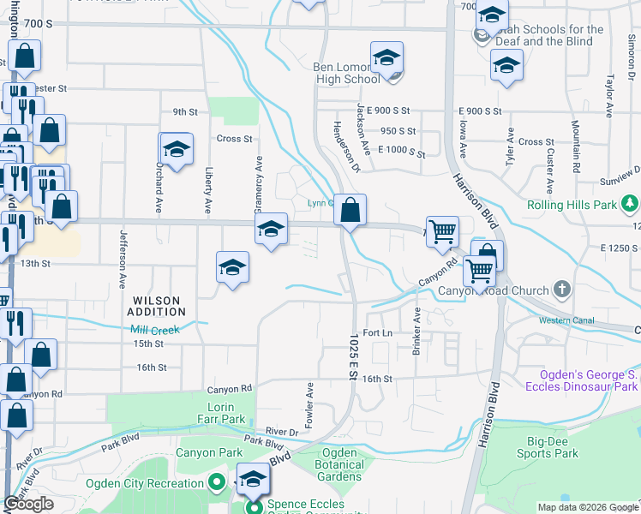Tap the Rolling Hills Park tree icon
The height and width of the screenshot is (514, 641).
[631, 204]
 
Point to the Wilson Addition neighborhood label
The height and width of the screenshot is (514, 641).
[156, 307]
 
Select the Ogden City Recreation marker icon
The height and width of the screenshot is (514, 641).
[219, 483]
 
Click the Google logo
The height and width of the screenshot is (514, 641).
[29, 504]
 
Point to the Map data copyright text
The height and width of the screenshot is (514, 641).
[588, 507]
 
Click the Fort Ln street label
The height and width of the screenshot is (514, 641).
[377, 332]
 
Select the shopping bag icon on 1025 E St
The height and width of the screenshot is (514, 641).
[350, 209]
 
